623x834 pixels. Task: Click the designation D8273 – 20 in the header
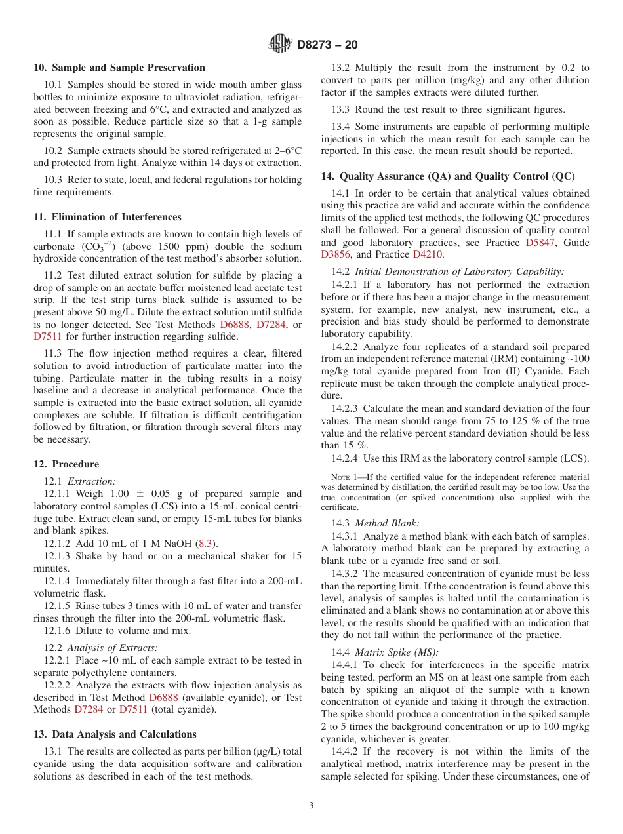(327, 45)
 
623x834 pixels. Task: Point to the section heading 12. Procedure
(66, 464)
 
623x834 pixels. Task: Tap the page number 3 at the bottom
(311, 805)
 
